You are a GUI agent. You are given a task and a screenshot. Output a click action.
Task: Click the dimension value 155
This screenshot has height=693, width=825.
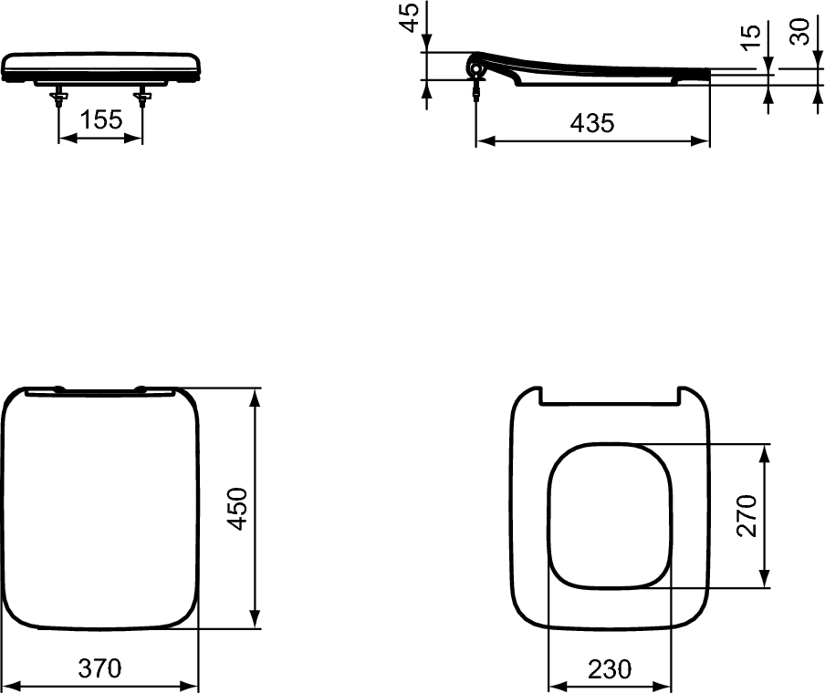pyautogui.click(x=101, y=119)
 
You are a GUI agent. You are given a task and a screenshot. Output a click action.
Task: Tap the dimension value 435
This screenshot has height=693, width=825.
pyautogui.click(x=592, y=123)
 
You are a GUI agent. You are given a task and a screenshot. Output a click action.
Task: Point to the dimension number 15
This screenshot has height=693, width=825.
pyautogui.click(x=751, y=36)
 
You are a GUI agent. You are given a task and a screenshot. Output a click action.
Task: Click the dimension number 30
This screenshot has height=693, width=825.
pyautogui.click(x=800, y=31)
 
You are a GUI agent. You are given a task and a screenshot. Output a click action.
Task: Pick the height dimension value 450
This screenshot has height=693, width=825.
pyautogui.click(x=237, y=509)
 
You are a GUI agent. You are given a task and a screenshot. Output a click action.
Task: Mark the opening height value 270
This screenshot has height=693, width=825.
pyautogui.click(x=747, y=516)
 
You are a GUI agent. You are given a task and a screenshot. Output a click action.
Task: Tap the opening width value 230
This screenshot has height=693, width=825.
pyautogui.click(x=609, y=669)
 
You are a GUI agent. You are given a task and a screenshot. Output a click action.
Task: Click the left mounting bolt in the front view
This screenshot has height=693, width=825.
pyautogui.click(x=59, y=98)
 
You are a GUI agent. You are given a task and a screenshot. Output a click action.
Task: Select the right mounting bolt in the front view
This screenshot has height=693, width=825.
pyautogui.click(x=142, y=98)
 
